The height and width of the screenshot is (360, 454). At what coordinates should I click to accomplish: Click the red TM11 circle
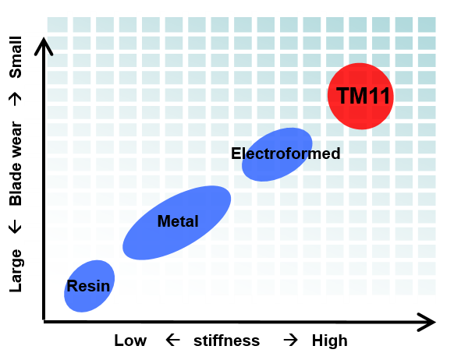(360, 96)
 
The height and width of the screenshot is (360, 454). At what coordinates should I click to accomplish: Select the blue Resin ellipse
(89, 286)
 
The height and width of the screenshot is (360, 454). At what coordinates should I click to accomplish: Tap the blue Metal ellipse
(176, 223)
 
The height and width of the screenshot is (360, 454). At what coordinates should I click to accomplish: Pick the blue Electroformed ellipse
(277, 154)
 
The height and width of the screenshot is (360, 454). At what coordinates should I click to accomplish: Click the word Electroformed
(286, 154)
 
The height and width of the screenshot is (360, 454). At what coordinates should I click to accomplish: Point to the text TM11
(363, 96)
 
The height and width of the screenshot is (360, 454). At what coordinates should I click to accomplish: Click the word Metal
(178, 221)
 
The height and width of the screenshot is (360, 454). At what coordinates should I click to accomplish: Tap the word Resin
(88, 286)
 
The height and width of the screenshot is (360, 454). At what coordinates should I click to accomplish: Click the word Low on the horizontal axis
(130, 341)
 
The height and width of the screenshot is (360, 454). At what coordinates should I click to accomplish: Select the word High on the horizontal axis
(329, 341)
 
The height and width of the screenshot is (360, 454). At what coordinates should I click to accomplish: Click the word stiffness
(226, 341)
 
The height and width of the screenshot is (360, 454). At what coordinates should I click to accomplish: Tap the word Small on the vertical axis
(16, 57)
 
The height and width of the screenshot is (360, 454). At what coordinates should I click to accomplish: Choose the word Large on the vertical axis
(16, 270)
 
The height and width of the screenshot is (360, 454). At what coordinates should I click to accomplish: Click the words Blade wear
(16, 164)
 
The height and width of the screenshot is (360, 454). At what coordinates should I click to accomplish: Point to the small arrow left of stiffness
(173, 340)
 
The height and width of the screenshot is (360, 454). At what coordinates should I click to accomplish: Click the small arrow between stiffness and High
(291, 340)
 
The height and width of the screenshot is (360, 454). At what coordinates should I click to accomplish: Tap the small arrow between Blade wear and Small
(15, 99)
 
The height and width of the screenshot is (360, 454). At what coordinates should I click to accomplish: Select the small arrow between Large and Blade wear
(15, 227)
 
